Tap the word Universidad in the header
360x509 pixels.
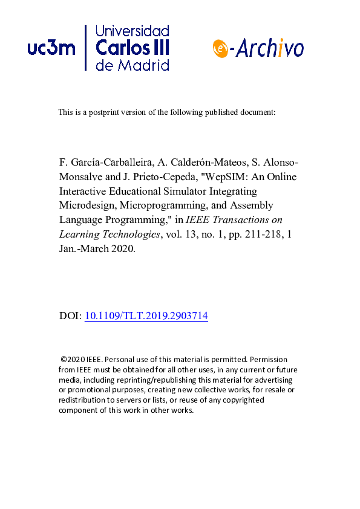pyautogui.click(x=132, y=31)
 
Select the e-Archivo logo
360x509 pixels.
pyautogui.click(x=258, y=48)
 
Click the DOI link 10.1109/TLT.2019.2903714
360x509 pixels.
pyautogui.click(x=146, y=316)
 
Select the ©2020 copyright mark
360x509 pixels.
pyautogui.click(x=73, y=359)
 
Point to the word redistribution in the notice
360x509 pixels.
pyautogui.click(x=83, y=400)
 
